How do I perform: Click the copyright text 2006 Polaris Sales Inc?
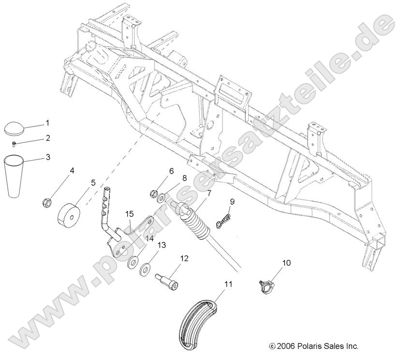(313, 346)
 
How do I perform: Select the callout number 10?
(287, 263)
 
